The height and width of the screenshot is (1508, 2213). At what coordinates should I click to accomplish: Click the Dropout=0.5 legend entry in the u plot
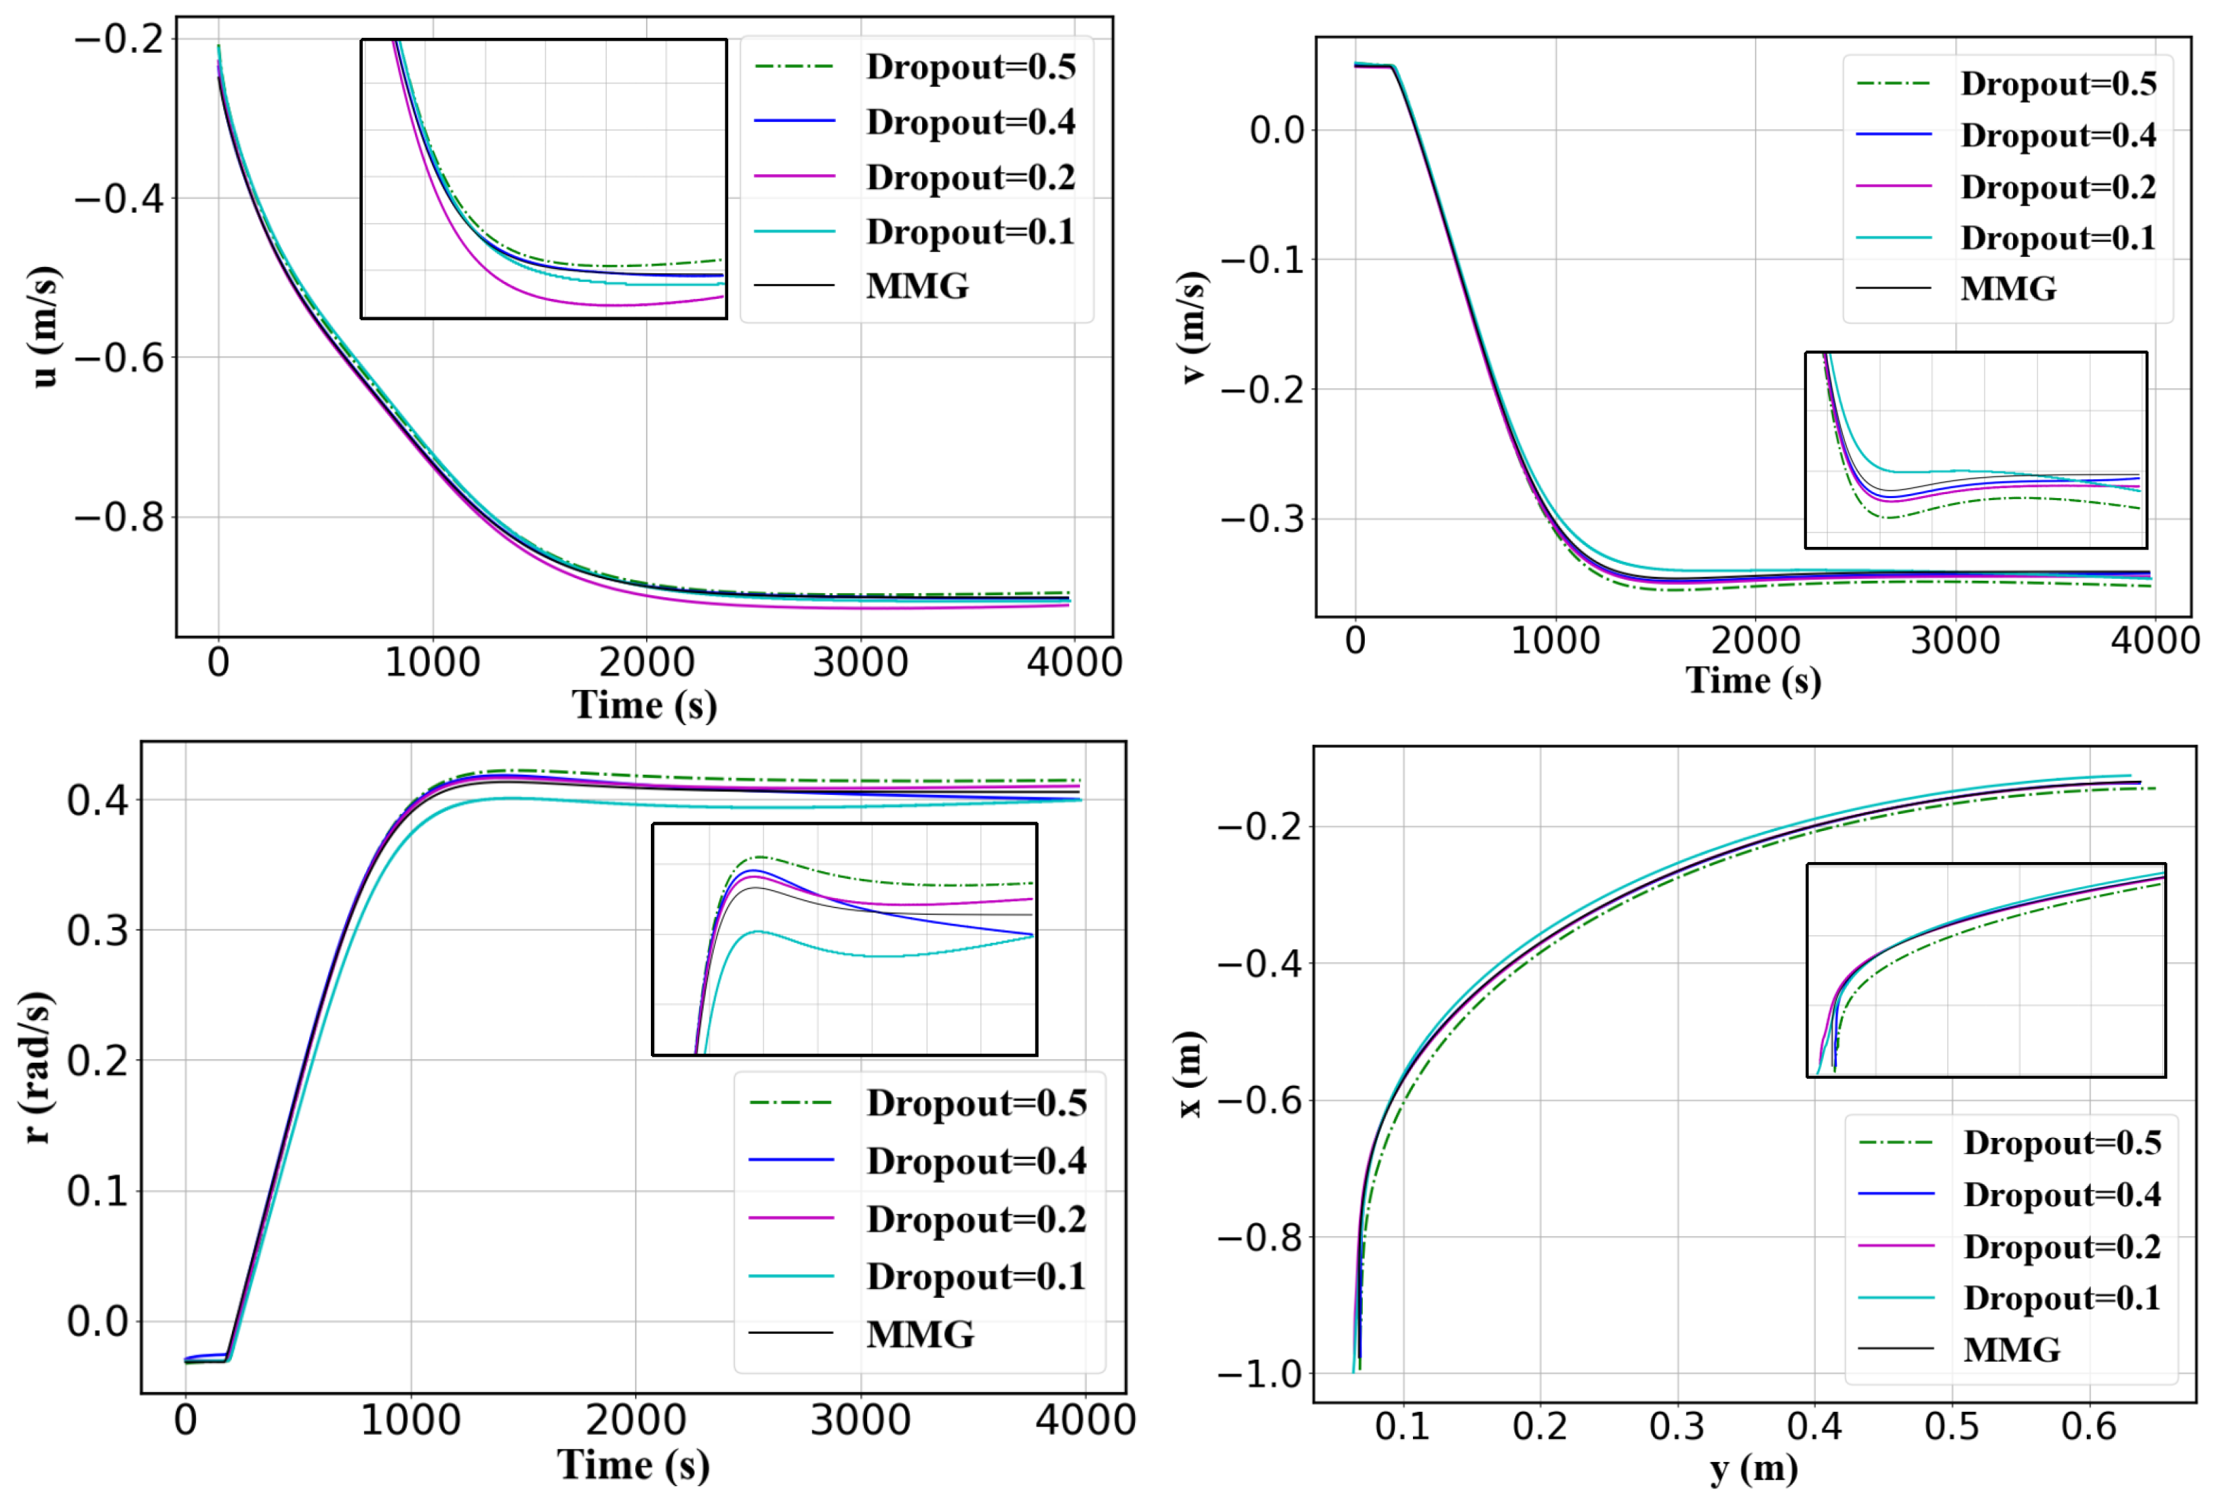(x=970, y=66)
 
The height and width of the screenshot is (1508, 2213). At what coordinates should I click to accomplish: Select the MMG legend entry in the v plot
(x=2008, y=289)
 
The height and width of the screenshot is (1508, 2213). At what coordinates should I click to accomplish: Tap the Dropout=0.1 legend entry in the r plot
(x=975, y=1277)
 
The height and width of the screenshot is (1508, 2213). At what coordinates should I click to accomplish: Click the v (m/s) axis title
(x=1191, y=327)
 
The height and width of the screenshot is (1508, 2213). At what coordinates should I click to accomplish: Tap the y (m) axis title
(x=1753, y=1467)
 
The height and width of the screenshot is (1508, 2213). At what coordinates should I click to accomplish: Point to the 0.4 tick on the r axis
(x=97, y=800)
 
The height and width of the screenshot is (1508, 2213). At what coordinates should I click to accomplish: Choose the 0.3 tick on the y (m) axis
(x=1676, y=1426)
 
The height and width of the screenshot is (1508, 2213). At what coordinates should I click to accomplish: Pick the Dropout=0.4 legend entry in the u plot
(x=970, y=122)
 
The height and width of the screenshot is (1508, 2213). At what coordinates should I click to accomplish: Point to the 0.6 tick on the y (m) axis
(x=2088, y=1426)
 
